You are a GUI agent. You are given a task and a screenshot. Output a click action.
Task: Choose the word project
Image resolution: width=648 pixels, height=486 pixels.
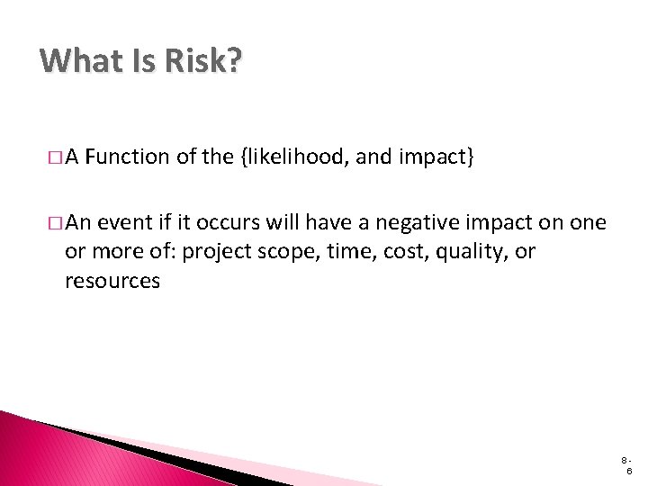coord(215,252)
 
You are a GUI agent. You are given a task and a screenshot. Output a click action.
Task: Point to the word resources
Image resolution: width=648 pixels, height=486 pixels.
coord(112,281)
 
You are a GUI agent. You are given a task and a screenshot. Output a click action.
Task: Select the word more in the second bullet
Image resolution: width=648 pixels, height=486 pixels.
coord(111,252)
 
